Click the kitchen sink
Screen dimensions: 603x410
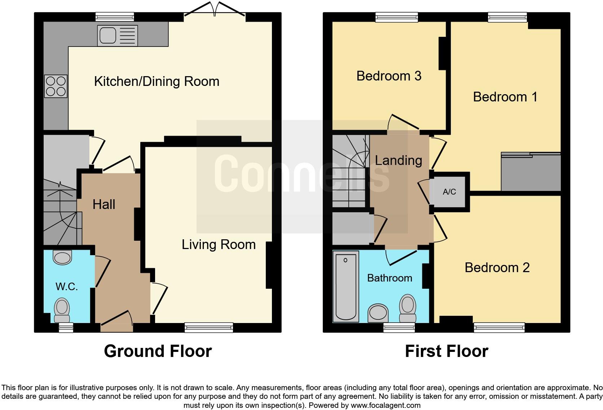click(118, 36)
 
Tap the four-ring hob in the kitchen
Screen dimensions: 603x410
click(56, 86)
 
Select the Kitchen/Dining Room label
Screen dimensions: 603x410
click(157, 81)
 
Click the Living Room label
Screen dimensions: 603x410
click(219, 245)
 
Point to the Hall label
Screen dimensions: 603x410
click(104, 204)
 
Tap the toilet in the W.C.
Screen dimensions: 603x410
click(62, 310)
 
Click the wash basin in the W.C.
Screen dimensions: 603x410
click(62, 258)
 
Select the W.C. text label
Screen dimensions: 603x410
click(67, 286)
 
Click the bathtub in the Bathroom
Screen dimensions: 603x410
click(346, 286)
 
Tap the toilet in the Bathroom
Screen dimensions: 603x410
click(408, 308)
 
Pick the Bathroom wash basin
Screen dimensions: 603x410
click(378, 313)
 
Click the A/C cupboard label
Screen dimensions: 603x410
click(449, 192)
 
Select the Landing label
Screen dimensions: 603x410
click(399, 161)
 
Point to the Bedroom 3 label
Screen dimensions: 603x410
click(389, 76)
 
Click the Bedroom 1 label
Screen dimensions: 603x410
click(505, 97)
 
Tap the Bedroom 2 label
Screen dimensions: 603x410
click(497, 268)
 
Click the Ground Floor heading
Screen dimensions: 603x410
click(158, 351)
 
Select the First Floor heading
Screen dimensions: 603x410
click(446, 351)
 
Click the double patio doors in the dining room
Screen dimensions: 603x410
click(215, 9)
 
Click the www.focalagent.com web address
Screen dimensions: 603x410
click(386, 405)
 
